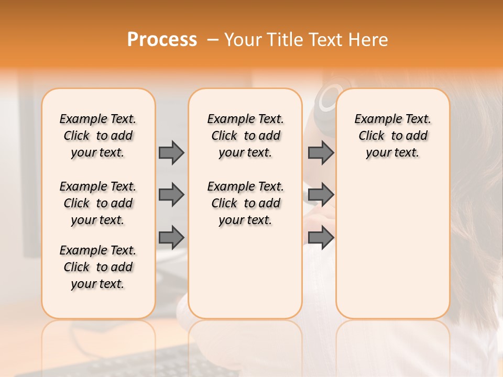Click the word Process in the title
162,40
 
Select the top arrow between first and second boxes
171,152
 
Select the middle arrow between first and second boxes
171,195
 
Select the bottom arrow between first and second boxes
171,237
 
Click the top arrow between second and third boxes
321,152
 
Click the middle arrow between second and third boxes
321,195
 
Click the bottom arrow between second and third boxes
321,237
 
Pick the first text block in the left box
98,136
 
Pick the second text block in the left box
98,203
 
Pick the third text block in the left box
98,267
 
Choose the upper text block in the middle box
245,136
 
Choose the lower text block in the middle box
245,203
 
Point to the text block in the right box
392,136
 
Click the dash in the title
213,40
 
